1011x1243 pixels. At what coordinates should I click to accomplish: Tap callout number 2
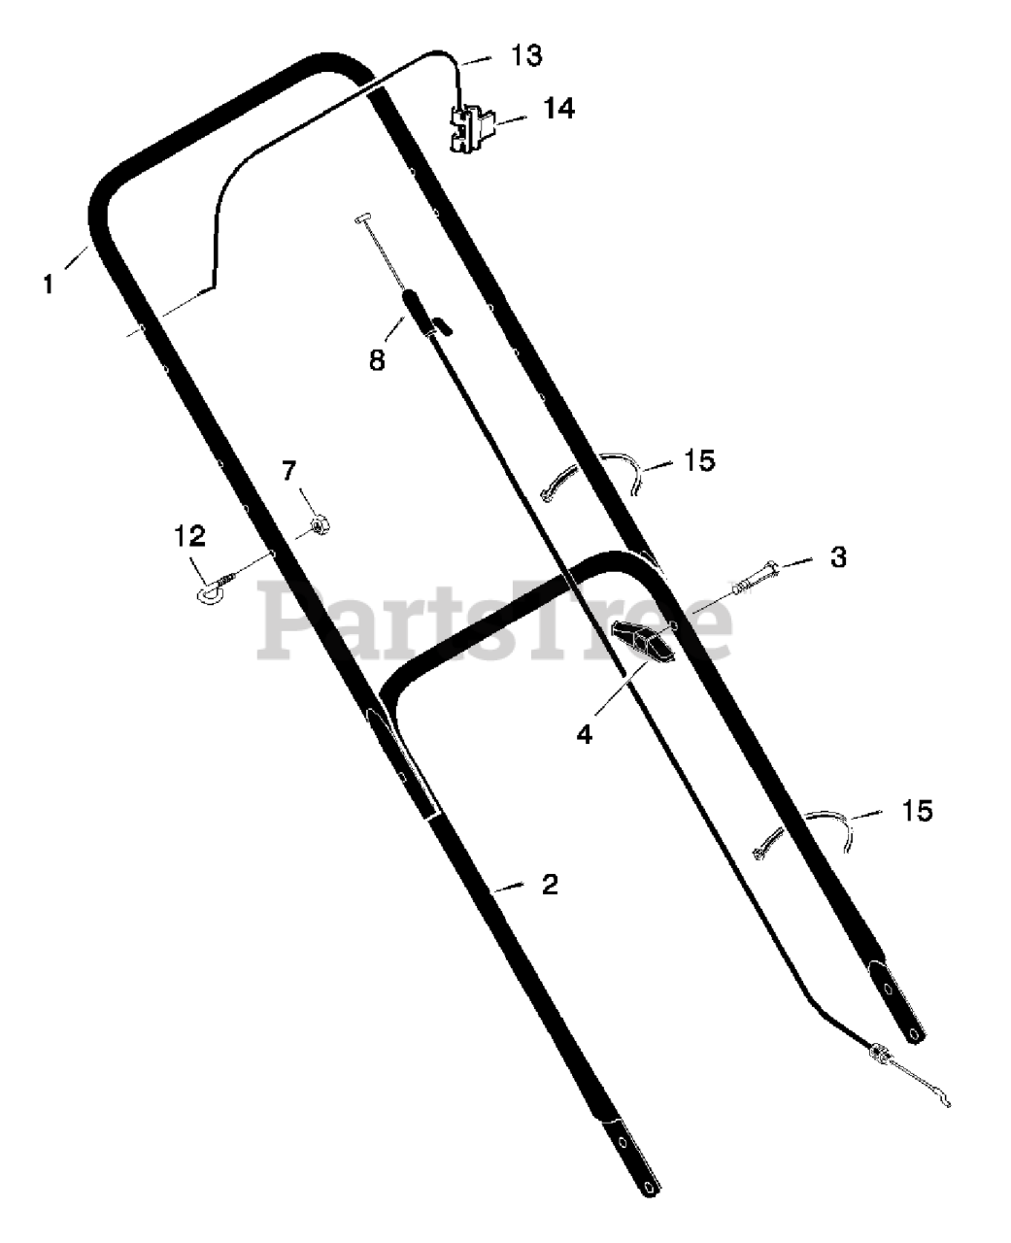(x=550, y=885)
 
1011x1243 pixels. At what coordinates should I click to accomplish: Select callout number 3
(x=838, y=557)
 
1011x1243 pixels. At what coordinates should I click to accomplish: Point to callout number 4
(x=584, y=734)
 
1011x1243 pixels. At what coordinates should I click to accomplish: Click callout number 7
(x=288, y=472)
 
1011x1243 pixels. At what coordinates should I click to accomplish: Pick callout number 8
(x=377, y=360)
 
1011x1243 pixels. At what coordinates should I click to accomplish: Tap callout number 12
(x=190, y=534)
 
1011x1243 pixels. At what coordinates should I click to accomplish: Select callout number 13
(x=526, y=55)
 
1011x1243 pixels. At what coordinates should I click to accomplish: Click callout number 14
(x=558, y=109)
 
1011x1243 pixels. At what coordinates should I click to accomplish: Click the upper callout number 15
(x=699, y=459)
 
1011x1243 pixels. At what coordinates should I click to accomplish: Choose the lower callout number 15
(x=917, y=810)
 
